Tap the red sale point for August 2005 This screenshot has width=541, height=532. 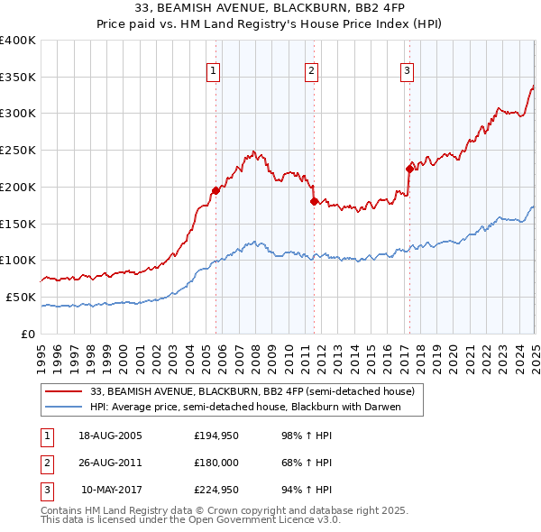tap(215, 190)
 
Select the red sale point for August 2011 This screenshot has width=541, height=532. tap(315, 201)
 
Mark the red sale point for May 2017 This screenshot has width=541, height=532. tap(409, 168)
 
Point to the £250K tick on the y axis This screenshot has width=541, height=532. tap(18, 151)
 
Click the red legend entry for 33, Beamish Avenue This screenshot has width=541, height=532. tap(252, 391)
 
